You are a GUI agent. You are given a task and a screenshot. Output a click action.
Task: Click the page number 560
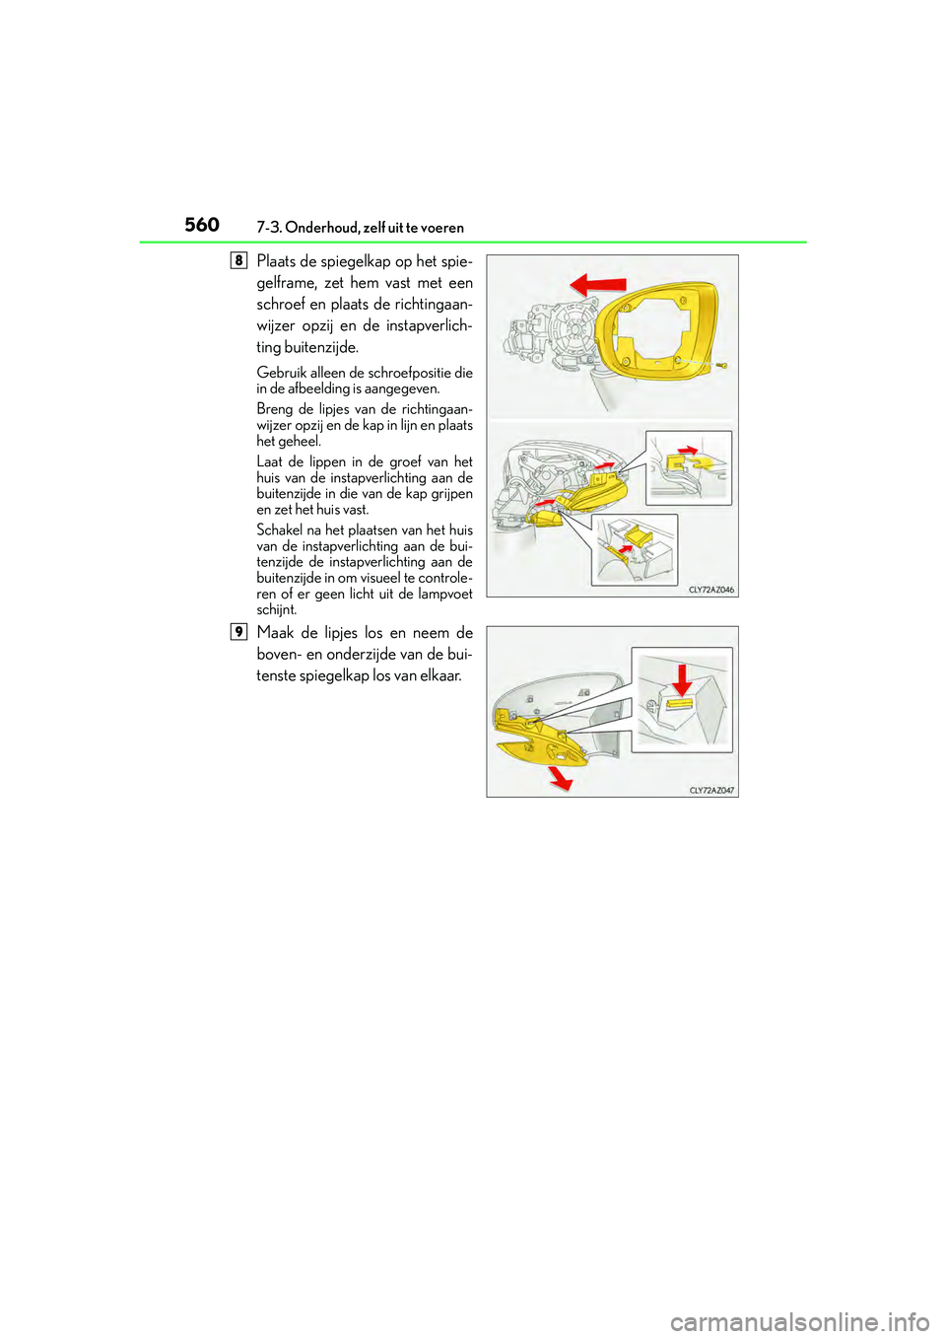pyautogui.click(x=202, y=225)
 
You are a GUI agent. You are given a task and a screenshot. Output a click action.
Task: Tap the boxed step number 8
pyautogui.click(x=238, y=260)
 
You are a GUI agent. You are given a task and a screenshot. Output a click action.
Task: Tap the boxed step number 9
pyautogui.click(x=238, y=632)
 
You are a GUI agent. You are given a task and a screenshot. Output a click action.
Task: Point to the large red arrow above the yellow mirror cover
pyautogui.click(x=598, y=285)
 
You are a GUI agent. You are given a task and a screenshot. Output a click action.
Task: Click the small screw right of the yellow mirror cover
pyautogui.click(x=722, y=366)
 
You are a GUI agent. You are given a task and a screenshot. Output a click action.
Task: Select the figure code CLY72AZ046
pyautogui.click(x=710, y=590)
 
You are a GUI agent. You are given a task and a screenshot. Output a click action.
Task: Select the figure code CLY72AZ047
pyautogui.click(x=711, y=790)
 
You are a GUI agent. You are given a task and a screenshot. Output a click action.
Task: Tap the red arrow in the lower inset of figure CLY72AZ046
pyautogui.click(x=623, y=545)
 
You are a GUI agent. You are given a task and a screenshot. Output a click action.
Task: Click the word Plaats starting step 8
pyautogui.click(x=276, y=261)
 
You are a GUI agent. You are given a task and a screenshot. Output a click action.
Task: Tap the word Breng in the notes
pyautogui.click(x=274, y=409)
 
